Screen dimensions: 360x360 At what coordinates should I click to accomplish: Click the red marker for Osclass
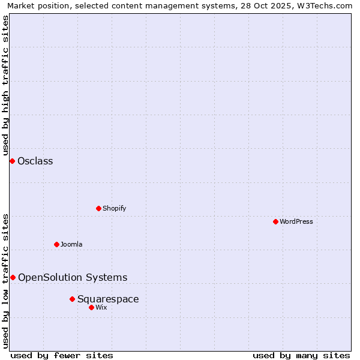point(12,161)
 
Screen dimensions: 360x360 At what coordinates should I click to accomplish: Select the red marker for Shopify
point(99,208)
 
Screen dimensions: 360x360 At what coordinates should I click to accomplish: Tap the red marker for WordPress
point(275,221)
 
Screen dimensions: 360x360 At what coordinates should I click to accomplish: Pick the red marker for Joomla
point(57,244)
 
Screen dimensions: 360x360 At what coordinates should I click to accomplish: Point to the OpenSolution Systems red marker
point(13,277)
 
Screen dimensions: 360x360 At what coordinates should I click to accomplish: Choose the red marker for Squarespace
point(72,299)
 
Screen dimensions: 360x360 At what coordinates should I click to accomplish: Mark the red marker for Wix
point(91,307)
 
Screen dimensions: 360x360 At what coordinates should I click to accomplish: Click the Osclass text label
point(35,161)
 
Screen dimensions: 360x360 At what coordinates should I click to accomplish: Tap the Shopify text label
point(114,208)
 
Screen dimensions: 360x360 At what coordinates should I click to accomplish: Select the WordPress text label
point(296,221)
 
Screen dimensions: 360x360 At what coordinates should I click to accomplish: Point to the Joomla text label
point(71,244)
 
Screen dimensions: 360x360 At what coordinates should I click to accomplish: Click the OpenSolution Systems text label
point(73,277)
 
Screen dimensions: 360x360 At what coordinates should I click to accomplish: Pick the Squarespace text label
point(108,299)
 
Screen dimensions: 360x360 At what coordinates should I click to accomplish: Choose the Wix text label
point(101,307)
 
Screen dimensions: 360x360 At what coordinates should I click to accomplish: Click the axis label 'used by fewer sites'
point(62,355)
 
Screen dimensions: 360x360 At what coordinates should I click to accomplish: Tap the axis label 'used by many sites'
point(301,355)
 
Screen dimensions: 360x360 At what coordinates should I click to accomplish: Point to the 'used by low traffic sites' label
point(6,280)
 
